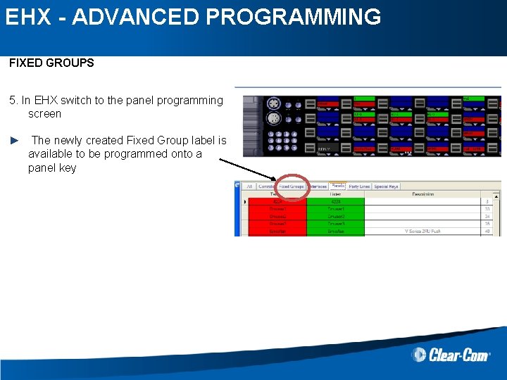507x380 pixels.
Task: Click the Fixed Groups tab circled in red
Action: tap(291, 186)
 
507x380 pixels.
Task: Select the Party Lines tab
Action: tap(359, 186)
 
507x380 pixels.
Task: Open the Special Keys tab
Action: tap(386, 186)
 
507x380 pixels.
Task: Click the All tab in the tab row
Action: tap(248, 186)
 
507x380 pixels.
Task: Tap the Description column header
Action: tap(423, 194)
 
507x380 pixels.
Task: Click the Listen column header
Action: tap(335, 194)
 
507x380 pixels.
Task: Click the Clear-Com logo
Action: tap(451, 354)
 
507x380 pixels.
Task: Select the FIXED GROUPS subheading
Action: tap(51, 63)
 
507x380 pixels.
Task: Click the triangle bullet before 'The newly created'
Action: tap(14, 141)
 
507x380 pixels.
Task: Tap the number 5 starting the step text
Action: tap(13, 100)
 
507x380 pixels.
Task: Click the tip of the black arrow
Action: tap(277, 180)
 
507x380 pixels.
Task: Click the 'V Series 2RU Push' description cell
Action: tap(423, 231)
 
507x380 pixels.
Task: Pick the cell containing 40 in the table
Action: tap(487, 231)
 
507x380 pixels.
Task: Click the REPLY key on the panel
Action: tap(325, 149)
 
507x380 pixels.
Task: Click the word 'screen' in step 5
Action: tap(44, 113)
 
